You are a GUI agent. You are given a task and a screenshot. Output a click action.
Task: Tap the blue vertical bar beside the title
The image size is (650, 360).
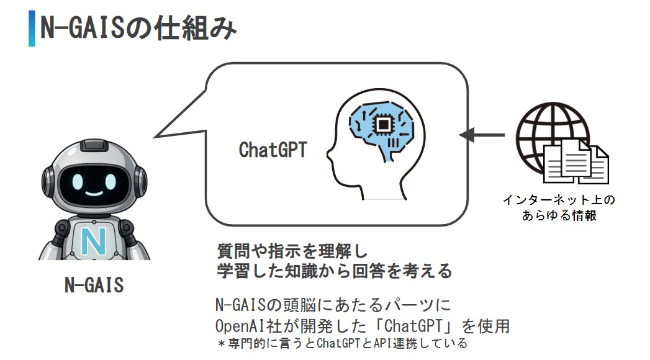point(32,28)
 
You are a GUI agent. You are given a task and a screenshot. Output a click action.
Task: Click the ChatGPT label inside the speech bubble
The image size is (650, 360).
point(273,150)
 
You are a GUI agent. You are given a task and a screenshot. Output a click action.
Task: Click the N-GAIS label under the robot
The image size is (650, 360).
point(94,285)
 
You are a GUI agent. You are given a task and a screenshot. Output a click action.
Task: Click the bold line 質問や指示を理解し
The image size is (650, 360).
point(292,252)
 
